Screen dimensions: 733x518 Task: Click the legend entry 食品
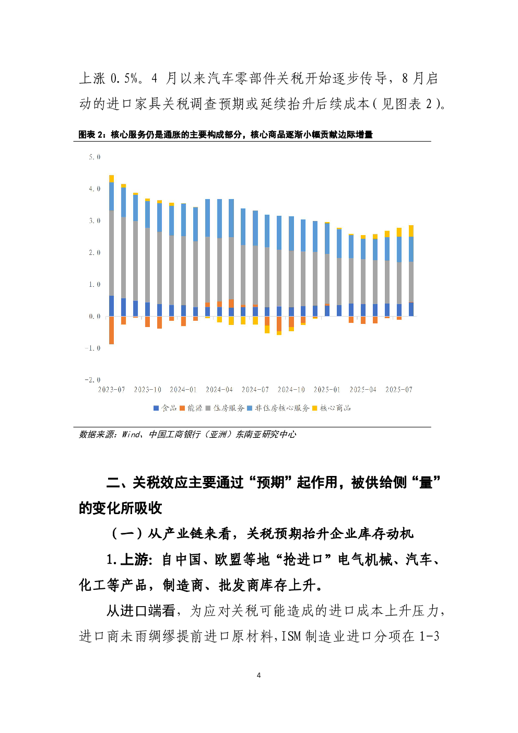click(165, 408)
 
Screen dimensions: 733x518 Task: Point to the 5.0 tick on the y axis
click(95, 157)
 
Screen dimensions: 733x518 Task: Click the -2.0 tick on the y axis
click(93, 380)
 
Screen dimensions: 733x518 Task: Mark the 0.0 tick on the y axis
click(95, 316)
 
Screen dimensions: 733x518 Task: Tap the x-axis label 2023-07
click(112, 390)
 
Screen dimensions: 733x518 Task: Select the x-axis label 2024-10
click(291, 390)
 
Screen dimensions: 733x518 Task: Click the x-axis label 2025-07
click(399, 390)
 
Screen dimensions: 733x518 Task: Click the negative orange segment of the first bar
click(111, 330)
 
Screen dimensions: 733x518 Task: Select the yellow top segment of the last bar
click(411, 231)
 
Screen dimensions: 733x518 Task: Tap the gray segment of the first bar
click(111, 253)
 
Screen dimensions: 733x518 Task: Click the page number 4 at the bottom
click(258, 676)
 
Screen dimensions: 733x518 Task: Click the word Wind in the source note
click(131, 435)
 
